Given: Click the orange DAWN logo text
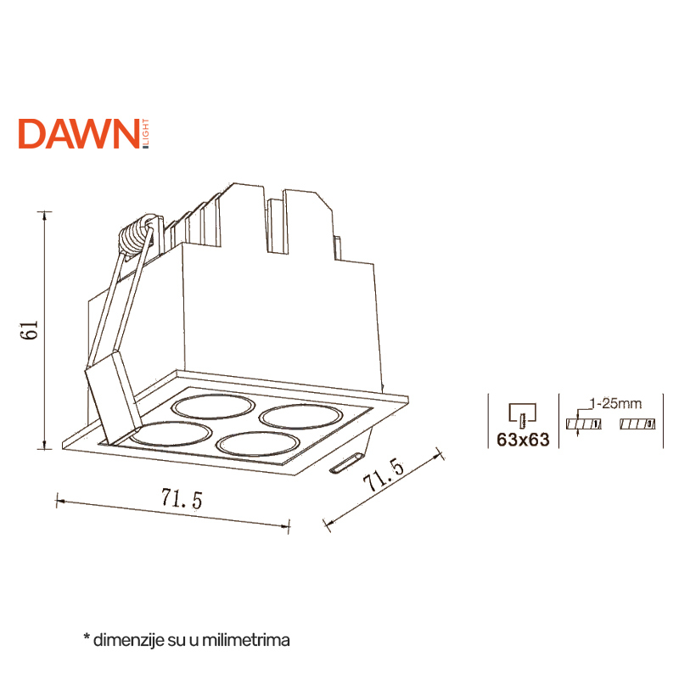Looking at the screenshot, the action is click(78, 134).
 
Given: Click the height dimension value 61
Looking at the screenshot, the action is click(30, 330).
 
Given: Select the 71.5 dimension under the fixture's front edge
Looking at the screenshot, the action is click(182, 498).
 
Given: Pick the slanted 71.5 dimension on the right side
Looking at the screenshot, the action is click(384, 474).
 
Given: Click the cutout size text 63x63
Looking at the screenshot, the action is click(523, 440).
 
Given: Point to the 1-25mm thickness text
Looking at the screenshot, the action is click(615, 404).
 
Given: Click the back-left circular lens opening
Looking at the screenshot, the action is click(214, 407).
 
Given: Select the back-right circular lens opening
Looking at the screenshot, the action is click(301, 417).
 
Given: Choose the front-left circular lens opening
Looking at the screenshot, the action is click(171, 434).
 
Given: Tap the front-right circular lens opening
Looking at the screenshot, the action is click(258, 444).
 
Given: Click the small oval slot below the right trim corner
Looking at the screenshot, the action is click(345, 463).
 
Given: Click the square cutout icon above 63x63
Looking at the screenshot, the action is click(523, 414).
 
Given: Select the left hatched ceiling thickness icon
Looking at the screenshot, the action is click(583, 424).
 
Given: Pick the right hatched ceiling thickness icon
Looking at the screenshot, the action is click(637, 424).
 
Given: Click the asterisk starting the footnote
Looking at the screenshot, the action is click(87, 637).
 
